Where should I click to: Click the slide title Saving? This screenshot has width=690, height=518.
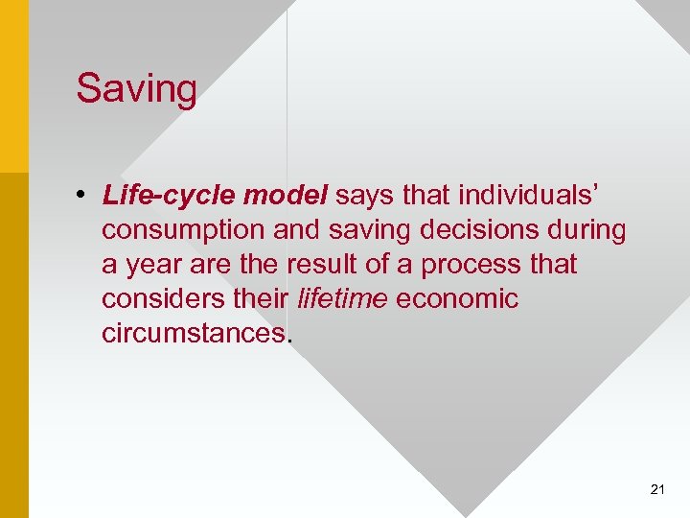pos(137,89)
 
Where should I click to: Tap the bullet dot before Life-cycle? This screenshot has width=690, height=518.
pos(84,196)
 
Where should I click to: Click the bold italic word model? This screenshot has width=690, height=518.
pos(286,196)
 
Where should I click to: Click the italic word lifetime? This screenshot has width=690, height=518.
pos(342,298)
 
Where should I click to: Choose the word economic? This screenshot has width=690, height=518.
pos(456,298)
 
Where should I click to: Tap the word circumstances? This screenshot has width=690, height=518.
pos(193,333)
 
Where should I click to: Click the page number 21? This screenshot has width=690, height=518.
pos(657,489)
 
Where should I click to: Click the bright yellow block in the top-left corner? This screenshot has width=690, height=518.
pos(13,86)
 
